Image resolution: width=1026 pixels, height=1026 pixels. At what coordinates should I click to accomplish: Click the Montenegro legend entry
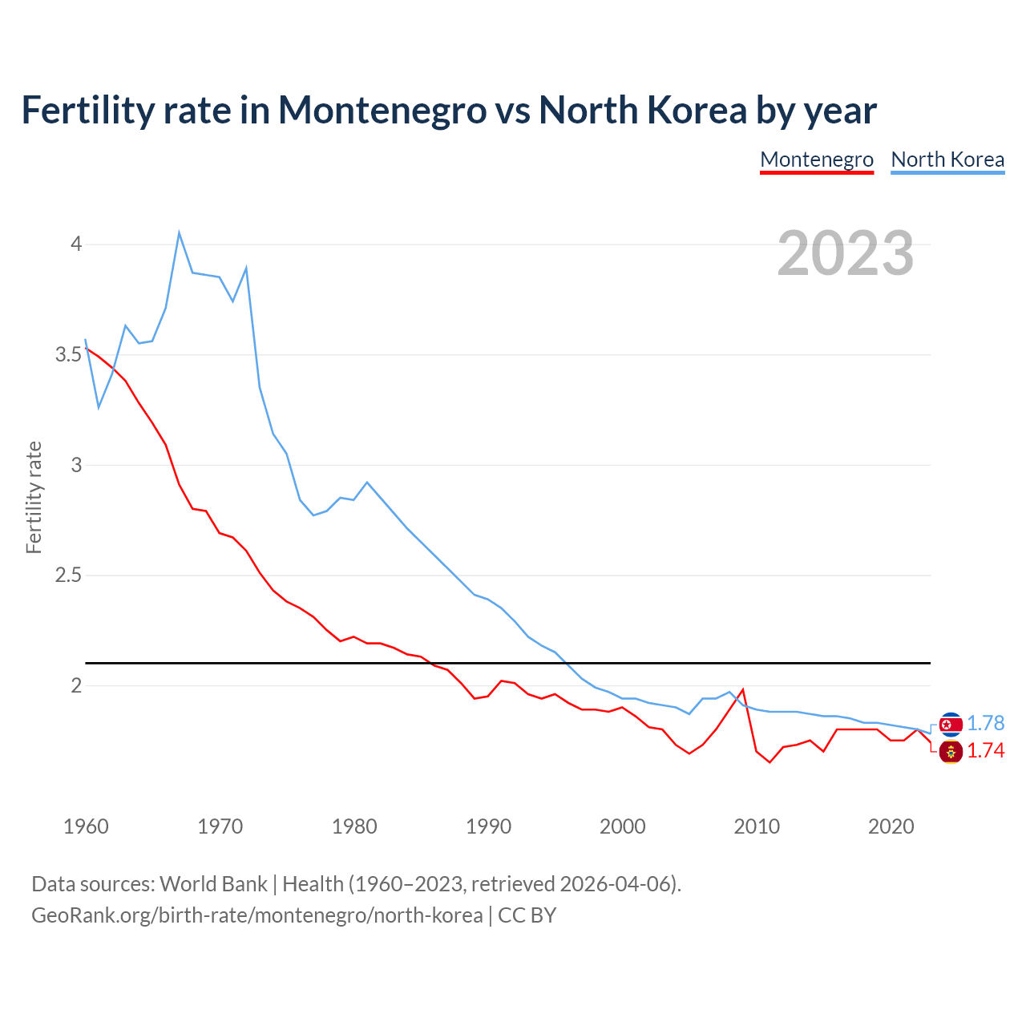816,160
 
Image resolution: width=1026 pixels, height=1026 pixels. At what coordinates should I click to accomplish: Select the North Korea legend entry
947,160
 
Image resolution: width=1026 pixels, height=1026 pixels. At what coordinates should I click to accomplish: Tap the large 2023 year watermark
846,253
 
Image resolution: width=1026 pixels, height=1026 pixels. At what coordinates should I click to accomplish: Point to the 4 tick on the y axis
76,244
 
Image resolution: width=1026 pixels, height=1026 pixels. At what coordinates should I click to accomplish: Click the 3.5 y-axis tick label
69,354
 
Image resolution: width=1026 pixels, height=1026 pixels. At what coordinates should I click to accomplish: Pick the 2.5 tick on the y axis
69,576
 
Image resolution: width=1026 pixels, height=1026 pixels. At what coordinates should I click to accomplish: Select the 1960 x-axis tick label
86,826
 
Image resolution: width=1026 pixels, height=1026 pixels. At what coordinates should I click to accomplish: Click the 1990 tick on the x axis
488,826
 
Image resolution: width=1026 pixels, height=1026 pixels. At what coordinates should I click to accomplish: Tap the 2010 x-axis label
757,826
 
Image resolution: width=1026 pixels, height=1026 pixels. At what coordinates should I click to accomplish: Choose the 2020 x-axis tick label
891,826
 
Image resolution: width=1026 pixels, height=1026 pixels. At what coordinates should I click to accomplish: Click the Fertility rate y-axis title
34,497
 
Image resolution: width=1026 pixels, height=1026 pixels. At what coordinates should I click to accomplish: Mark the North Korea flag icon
951,725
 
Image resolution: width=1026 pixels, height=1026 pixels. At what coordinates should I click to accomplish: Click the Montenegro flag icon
951,752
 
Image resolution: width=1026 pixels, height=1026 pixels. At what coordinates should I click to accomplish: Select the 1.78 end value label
985,723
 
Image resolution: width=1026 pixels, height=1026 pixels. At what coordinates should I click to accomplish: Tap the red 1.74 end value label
985,750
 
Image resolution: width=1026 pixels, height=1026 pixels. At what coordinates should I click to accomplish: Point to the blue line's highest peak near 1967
179,232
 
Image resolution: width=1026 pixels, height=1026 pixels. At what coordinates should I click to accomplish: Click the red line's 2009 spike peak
743,689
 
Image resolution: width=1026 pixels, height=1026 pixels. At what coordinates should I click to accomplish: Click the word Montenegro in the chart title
382,110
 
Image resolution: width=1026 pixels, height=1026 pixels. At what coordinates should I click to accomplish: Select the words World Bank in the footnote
213,884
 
